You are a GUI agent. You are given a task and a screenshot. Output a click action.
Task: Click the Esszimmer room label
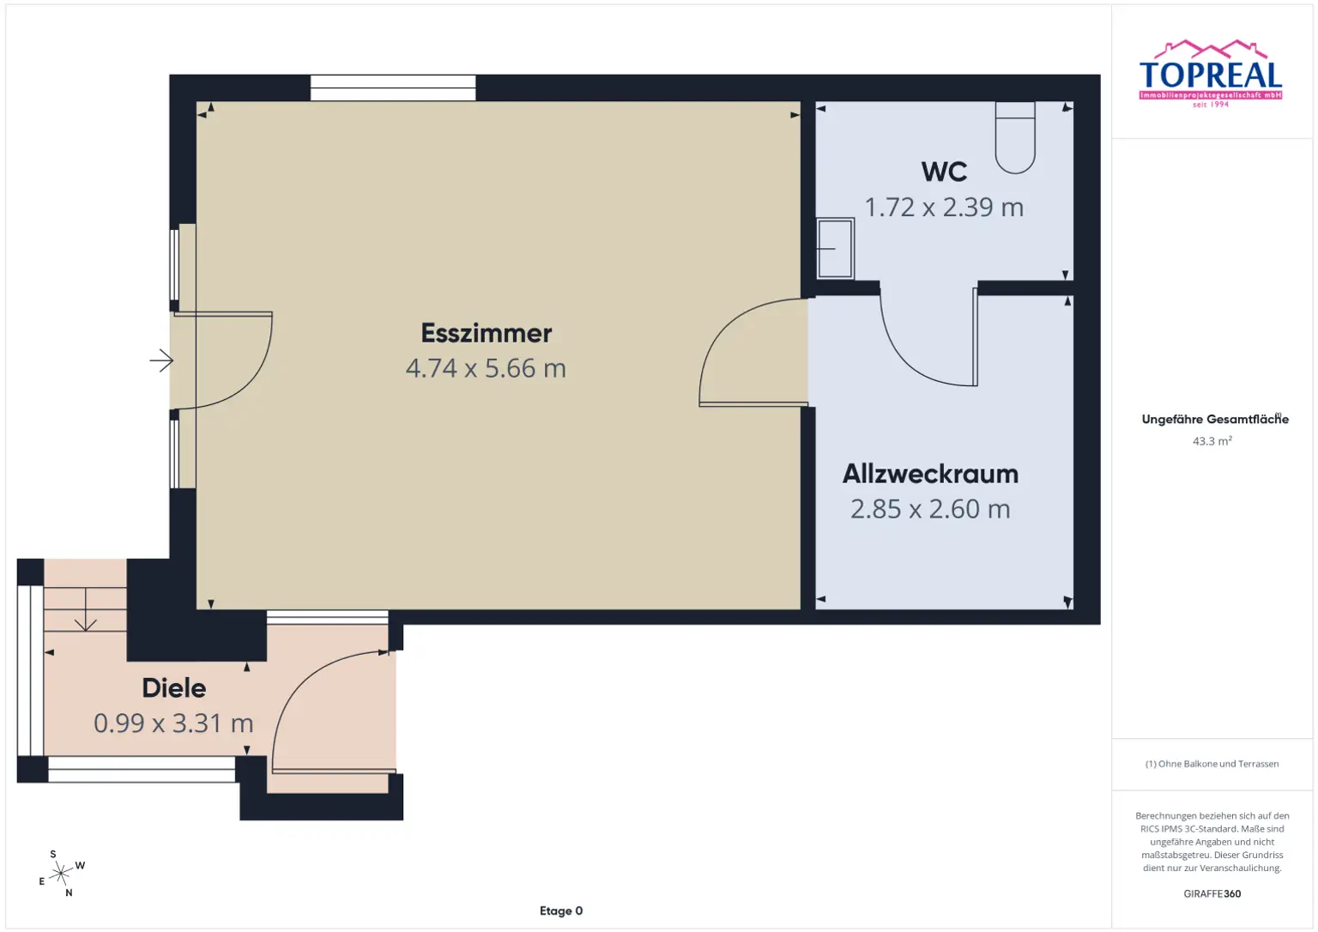486,333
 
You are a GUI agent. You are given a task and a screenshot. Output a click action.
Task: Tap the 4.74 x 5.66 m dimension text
486,368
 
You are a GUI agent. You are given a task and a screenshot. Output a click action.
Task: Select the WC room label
944,172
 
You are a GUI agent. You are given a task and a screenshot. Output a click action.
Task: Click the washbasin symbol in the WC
835,249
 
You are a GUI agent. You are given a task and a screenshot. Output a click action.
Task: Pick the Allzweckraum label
930,474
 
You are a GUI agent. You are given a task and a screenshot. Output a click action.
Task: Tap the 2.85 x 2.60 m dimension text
930,509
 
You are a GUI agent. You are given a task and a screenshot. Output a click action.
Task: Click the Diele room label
173,688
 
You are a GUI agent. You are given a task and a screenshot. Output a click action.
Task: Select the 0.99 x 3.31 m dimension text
173,723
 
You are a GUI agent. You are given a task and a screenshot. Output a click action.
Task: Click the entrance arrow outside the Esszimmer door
161,360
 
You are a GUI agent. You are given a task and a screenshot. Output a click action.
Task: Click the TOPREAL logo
1211,75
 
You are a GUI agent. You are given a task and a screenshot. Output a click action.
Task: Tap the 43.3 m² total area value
1212,441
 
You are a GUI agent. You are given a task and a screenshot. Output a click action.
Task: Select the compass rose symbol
61,874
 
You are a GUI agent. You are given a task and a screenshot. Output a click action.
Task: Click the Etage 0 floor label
561,911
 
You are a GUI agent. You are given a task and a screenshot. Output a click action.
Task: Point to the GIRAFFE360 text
1212,893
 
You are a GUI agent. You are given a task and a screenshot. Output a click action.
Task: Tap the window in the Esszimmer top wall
393,88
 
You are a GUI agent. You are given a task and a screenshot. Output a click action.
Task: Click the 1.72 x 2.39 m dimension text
944,208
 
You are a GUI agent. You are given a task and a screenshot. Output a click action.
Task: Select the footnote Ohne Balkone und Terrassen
1212,764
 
